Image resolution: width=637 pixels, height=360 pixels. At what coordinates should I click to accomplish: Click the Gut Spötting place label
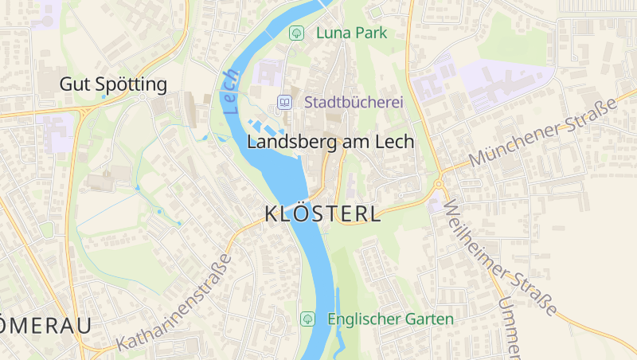pos(113,84)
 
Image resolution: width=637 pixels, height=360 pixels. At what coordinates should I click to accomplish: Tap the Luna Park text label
pos(351,33)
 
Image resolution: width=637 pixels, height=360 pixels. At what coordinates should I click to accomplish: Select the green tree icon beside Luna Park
pos(296,33)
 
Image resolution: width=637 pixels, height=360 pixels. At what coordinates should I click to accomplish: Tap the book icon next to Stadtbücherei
pos(283,102)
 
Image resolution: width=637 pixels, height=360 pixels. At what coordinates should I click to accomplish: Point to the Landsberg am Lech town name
pos(330,142)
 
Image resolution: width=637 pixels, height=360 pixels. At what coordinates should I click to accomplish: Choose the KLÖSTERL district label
pos(322,213)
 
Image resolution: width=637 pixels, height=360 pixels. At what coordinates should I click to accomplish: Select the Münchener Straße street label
pos(542,132)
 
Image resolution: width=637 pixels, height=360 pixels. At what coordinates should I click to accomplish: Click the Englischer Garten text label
pos(390,319)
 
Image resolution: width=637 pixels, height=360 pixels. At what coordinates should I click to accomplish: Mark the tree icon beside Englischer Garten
pos(307,319)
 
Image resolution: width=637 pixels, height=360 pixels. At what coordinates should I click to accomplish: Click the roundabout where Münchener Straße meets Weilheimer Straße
pos(439,184)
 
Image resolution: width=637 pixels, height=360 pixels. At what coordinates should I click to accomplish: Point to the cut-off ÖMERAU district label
pos(44,325)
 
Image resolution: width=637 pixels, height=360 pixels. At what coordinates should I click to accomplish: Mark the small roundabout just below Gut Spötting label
pos(142,97)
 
